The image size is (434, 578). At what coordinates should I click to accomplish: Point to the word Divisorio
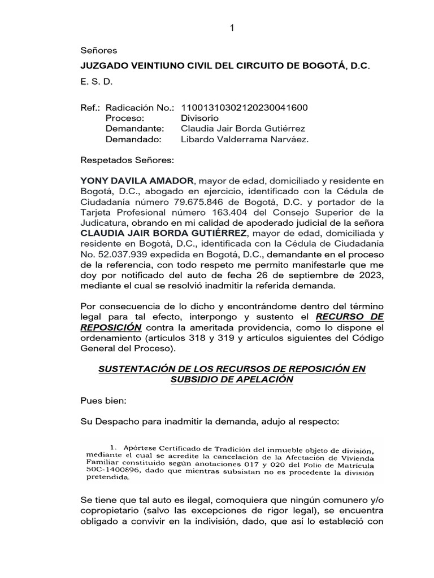pos(199,119)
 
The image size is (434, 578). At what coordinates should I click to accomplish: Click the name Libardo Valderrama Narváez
pos(245,139)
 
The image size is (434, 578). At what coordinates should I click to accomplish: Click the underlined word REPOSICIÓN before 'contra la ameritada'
pos(111,328)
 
